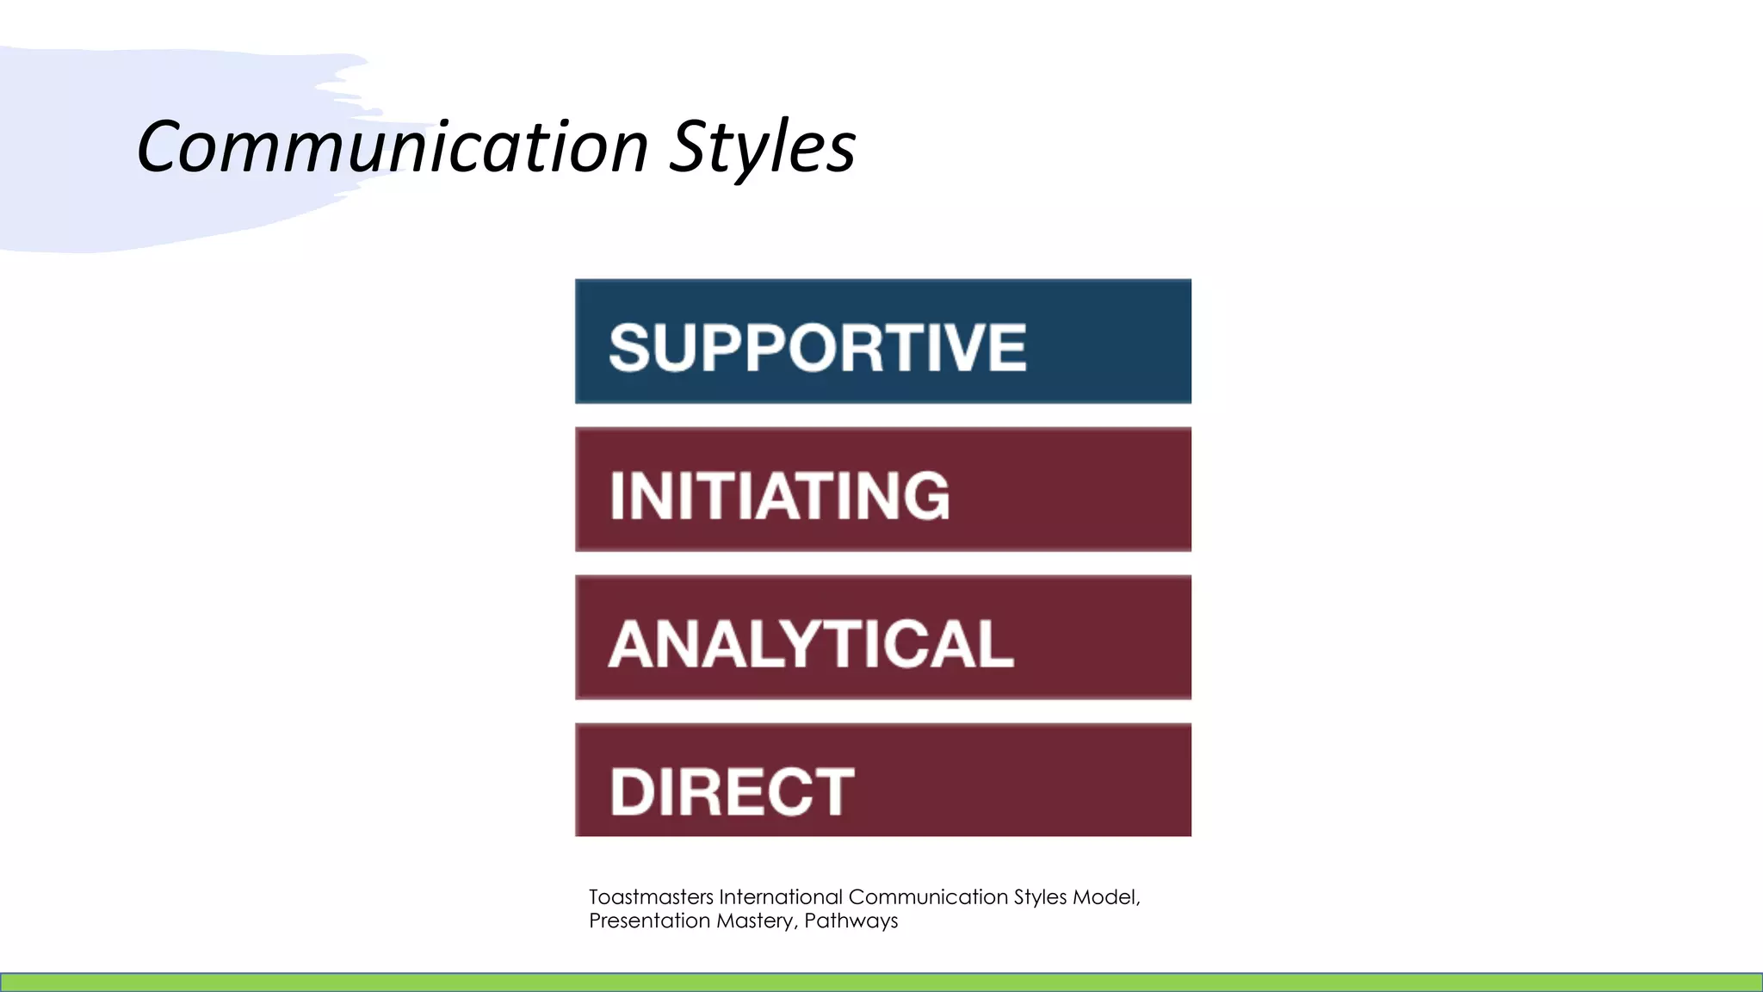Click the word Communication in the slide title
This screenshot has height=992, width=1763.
(392, 146)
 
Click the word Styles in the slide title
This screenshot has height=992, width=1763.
(763, 146)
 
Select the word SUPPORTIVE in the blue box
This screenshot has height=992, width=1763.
(817, 348)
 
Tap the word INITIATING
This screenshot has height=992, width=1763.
(779, 496)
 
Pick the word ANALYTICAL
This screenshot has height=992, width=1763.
(811, 644)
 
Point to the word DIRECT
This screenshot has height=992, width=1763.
(732, 792)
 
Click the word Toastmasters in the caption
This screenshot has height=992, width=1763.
(651, 897)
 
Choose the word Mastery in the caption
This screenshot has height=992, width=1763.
(756, 921)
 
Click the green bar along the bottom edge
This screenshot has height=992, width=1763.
(881, 982)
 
